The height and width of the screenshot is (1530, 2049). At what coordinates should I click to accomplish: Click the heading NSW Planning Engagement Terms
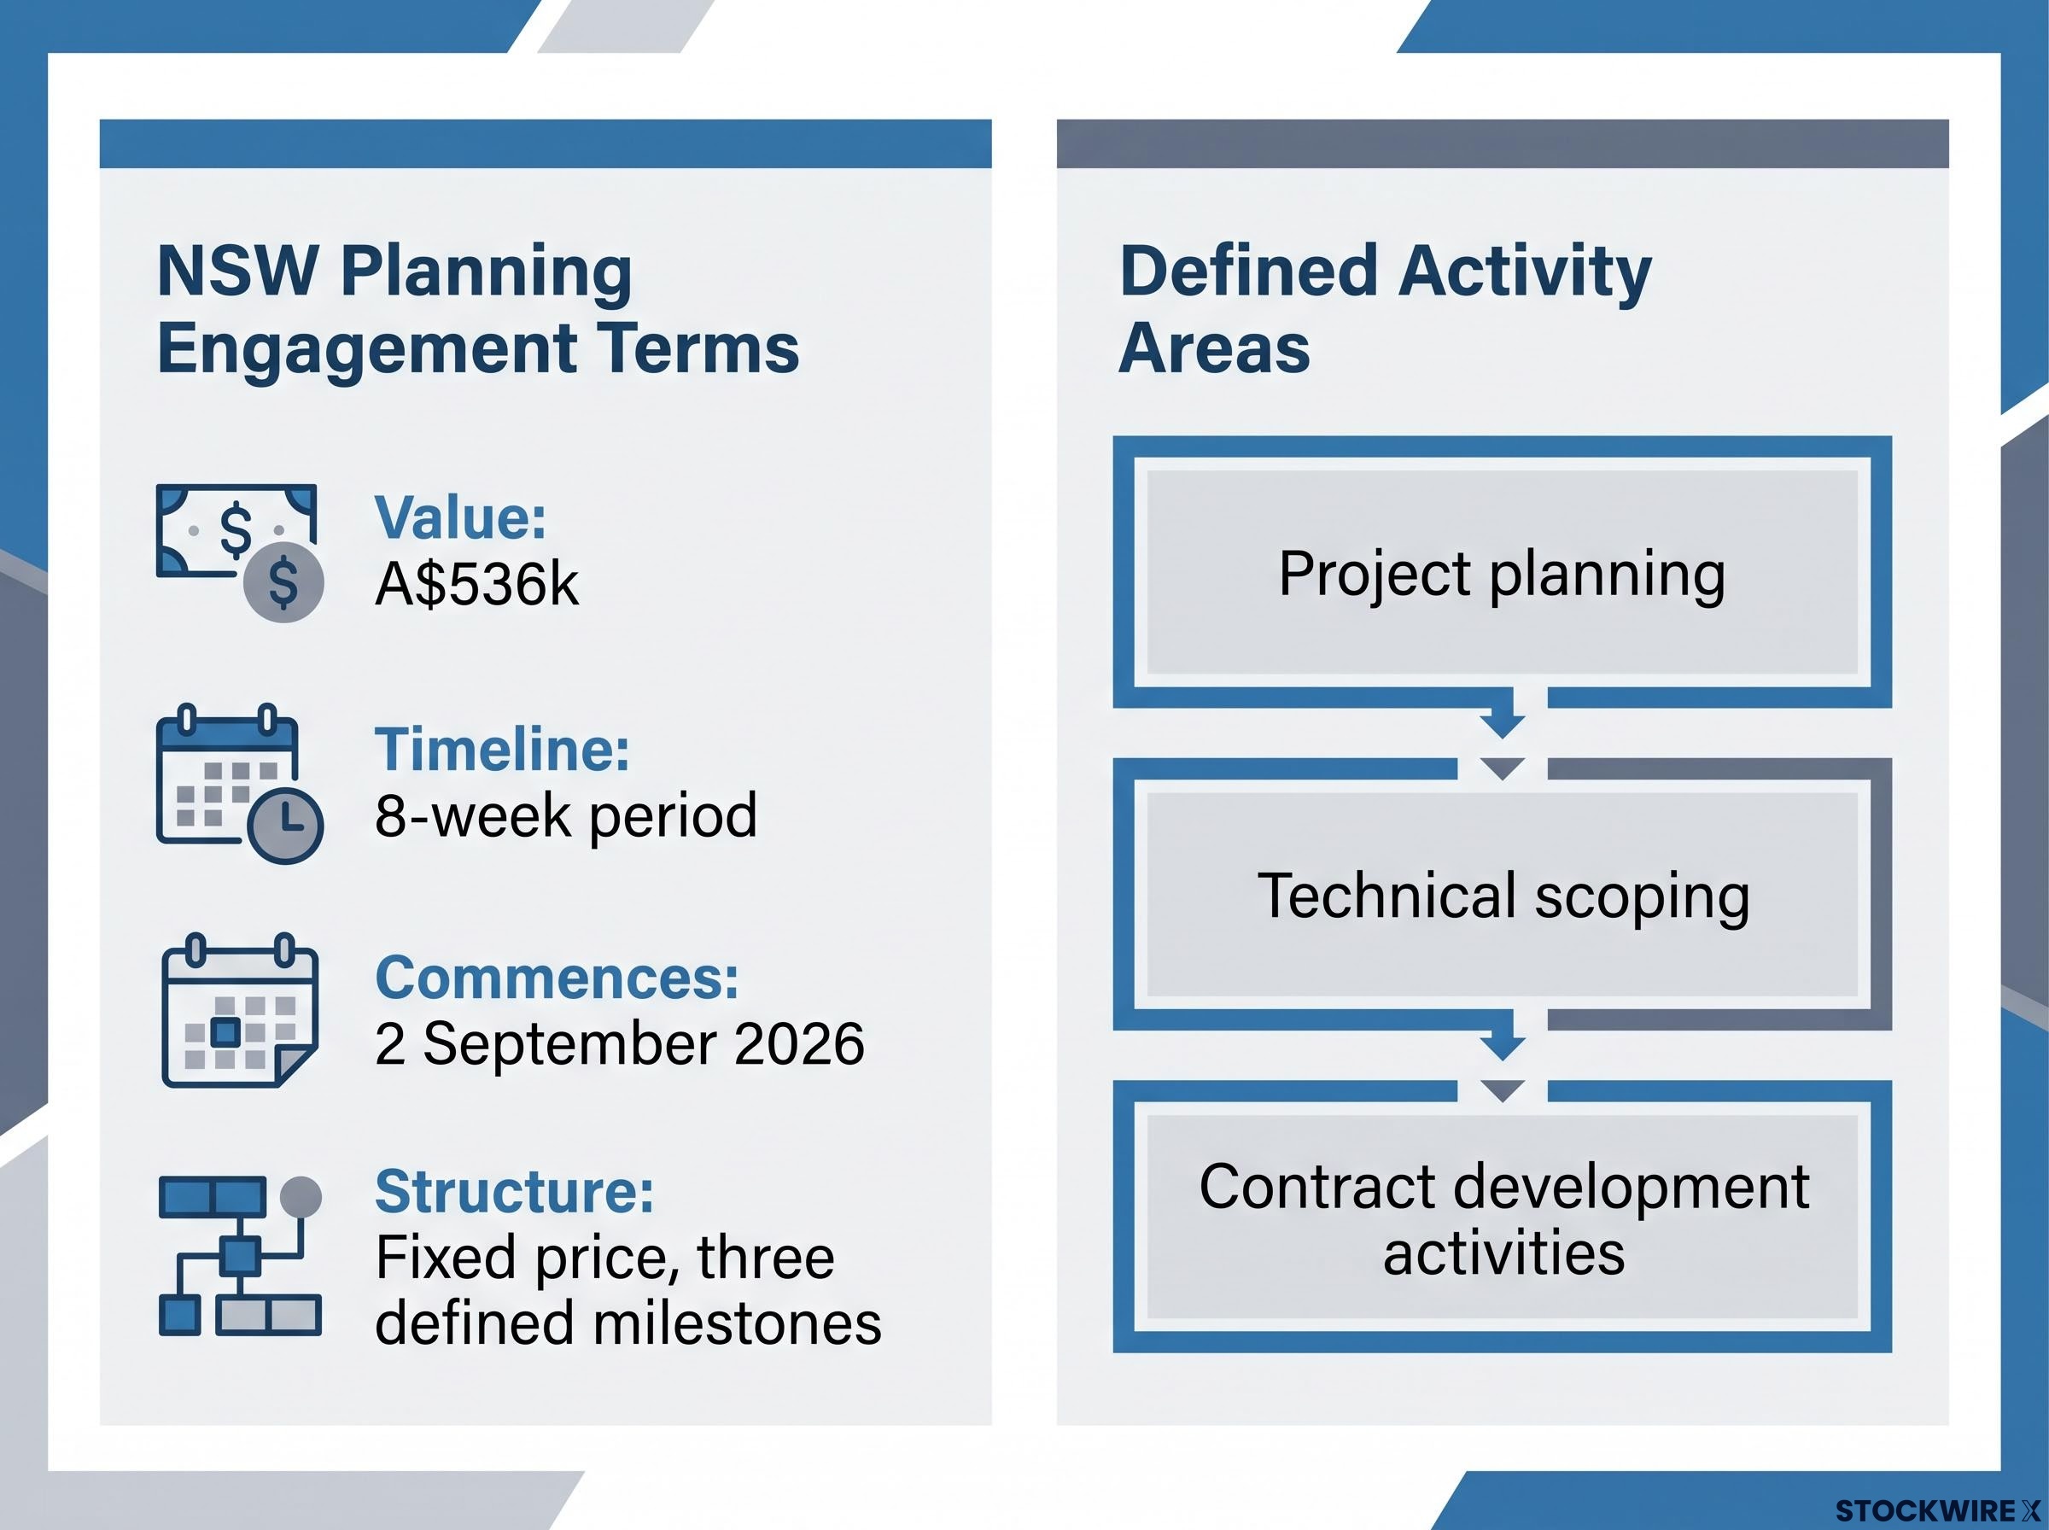coord(478,309)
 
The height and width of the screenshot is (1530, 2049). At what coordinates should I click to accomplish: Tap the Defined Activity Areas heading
coord(1385,309)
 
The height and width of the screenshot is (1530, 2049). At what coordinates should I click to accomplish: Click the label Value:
coord(460,517)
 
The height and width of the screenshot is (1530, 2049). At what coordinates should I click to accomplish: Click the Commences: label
coord(557,978)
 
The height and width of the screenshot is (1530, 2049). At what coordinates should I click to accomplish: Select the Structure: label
coord(514,1191)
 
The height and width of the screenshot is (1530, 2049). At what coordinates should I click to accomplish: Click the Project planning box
coord(1502,571)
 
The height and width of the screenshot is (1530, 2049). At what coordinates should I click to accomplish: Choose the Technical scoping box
coord(1502,895)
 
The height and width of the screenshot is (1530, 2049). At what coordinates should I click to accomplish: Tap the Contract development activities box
coord(1502,1217)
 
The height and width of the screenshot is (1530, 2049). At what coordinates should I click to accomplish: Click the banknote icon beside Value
coord(239,552)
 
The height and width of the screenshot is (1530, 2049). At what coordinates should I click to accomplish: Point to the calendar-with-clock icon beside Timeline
coord(239,784)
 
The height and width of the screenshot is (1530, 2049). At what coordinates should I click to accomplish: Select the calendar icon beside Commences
coord(240,1010)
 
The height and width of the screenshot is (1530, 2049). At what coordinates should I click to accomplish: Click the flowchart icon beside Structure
coord(240,1256)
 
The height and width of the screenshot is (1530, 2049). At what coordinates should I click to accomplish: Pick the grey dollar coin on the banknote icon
coord(283,581)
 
